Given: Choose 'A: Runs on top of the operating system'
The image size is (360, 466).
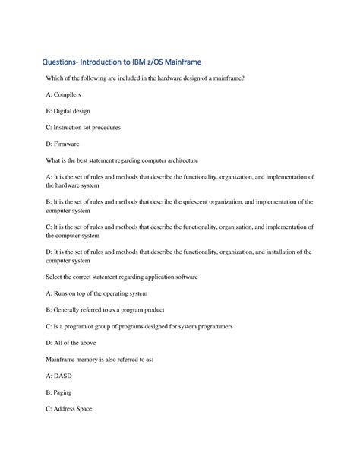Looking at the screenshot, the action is click(96, 293).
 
